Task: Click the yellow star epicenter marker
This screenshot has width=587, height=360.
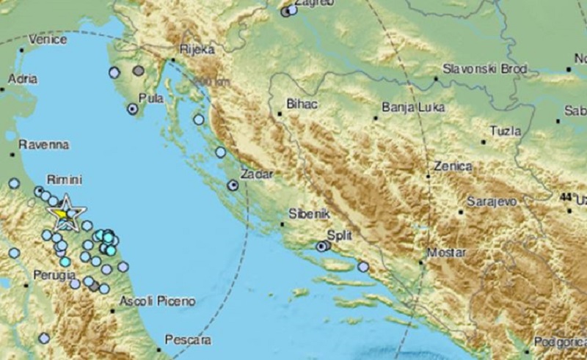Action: pyautogui.click(x=65, y=213)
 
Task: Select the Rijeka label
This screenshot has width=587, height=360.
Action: pyautogui.click(x=197, y=50)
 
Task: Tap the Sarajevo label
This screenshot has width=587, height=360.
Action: pyautogui.click(x=492, y=200)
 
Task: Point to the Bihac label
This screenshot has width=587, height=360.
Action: pyautogui.click(x=303, y=105)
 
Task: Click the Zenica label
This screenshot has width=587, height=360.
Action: pyautogui.click(x=453, y=166)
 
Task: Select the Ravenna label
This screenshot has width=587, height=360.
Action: pyautogui.click(x=43, y=144)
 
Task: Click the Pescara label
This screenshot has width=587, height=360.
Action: pyautogui.click(x=189, y=340)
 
